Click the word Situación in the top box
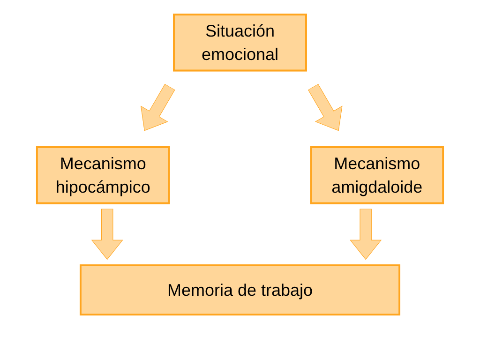coord(240,31)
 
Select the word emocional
coord(240,54)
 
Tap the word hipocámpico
coord(103,187)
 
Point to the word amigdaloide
coord(377,187)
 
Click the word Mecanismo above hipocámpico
coord(103,164)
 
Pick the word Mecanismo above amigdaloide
coord(377,164)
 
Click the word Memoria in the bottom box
coord(200,290)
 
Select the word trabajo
coord(287,291)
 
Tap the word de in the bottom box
coord(247,290)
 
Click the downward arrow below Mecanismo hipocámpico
coord(107,234)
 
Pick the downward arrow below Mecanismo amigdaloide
coord(366,234)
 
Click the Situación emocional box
coord(240,43)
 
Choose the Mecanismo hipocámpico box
coord(103,175)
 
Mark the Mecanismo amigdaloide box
coord(377,175)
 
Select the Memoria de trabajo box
coord(240,290)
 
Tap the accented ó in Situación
coord(259,31)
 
